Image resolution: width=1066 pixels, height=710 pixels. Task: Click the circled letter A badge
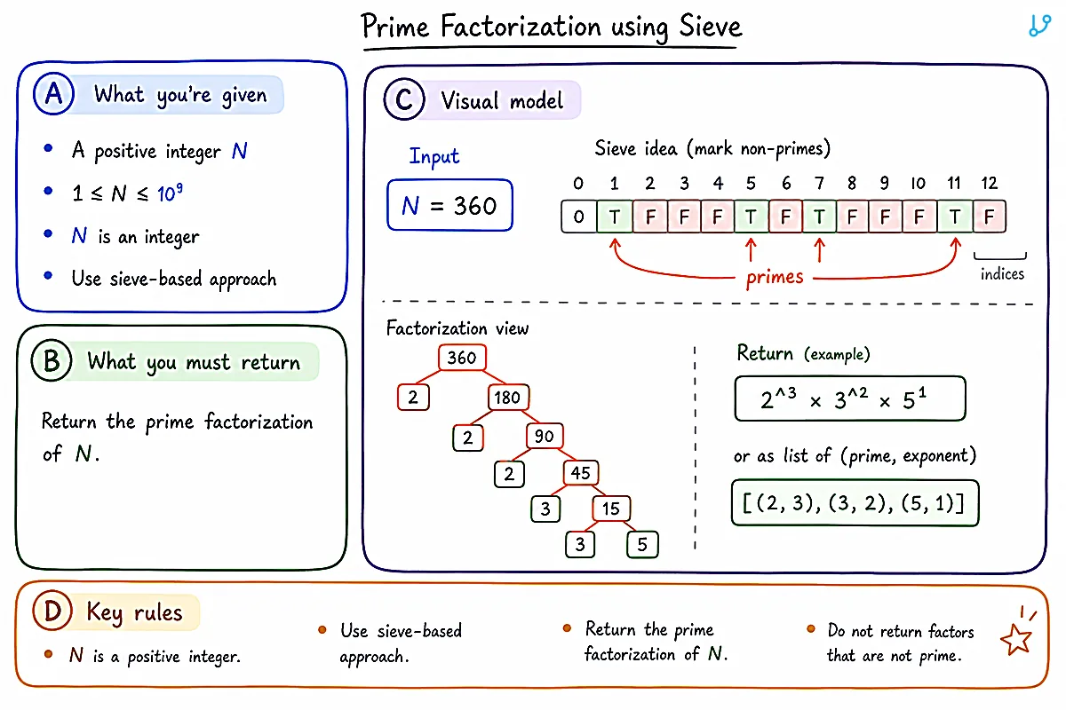(54, 94)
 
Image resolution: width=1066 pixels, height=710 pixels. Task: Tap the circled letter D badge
(52, 610)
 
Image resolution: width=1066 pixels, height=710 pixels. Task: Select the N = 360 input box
(449, 205)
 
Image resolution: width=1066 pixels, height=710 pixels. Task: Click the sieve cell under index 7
(819, 217)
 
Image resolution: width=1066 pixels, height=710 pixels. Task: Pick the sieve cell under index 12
(989, 217)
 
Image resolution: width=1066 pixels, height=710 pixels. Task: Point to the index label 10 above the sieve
(918, 183)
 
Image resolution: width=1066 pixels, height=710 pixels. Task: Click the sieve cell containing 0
(578, 217)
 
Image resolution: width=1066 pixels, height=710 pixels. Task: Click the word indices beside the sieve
(1002, 274)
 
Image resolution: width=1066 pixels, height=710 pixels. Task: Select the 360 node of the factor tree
(462, 358)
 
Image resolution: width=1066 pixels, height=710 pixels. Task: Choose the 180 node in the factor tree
(508, 397)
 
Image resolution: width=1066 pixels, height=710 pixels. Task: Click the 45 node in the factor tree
(581, 473)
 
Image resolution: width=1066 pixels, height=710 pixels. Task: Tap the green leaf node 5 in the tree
(642, 545)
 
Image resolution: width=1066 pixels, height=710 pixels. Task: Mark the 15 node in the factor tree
(611, 509)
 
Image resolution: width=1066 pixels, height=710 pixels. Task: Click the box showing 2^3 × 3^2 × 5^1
(850, 398)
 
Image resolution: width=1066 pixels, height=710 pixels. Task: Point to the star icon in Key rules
(1016, 639)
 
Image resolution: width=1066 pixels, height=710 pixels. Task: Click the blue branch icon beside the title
(1039, 26)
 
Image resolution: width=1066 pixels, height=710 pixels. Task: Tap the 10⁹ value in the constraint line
(170, 193)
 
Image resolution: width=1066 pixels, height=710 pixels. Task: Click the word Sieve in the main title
(710, 26)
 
